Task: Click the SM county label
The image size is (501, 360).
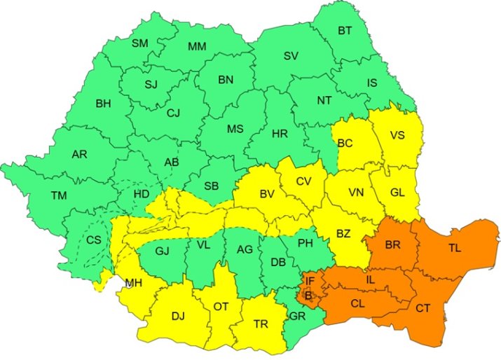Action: coord(140,43)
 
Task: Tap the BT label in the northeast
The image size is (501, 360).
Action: coord(345,31)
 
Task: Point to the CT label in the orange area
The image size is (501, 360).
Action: coord(423,308)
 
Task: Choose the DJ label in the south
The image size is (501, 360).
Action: coord(179,316)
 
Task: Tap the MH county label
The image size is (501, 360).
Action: coord(133,284)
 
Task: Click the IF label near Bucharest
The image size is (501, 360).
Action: coord(309,281)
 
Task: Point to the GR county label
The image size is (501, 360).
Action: coord(298,316)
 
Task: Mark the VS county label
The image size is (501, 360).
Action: coord(397,136)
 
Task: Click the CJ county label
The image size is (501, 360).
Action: coord(173,112)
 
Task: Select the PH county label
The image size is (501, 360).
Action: coord(305,244)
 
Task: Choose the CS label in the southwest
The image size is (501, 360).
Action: coord(94,240)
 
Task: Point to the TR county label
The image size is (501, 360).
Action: coord(261,324)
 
